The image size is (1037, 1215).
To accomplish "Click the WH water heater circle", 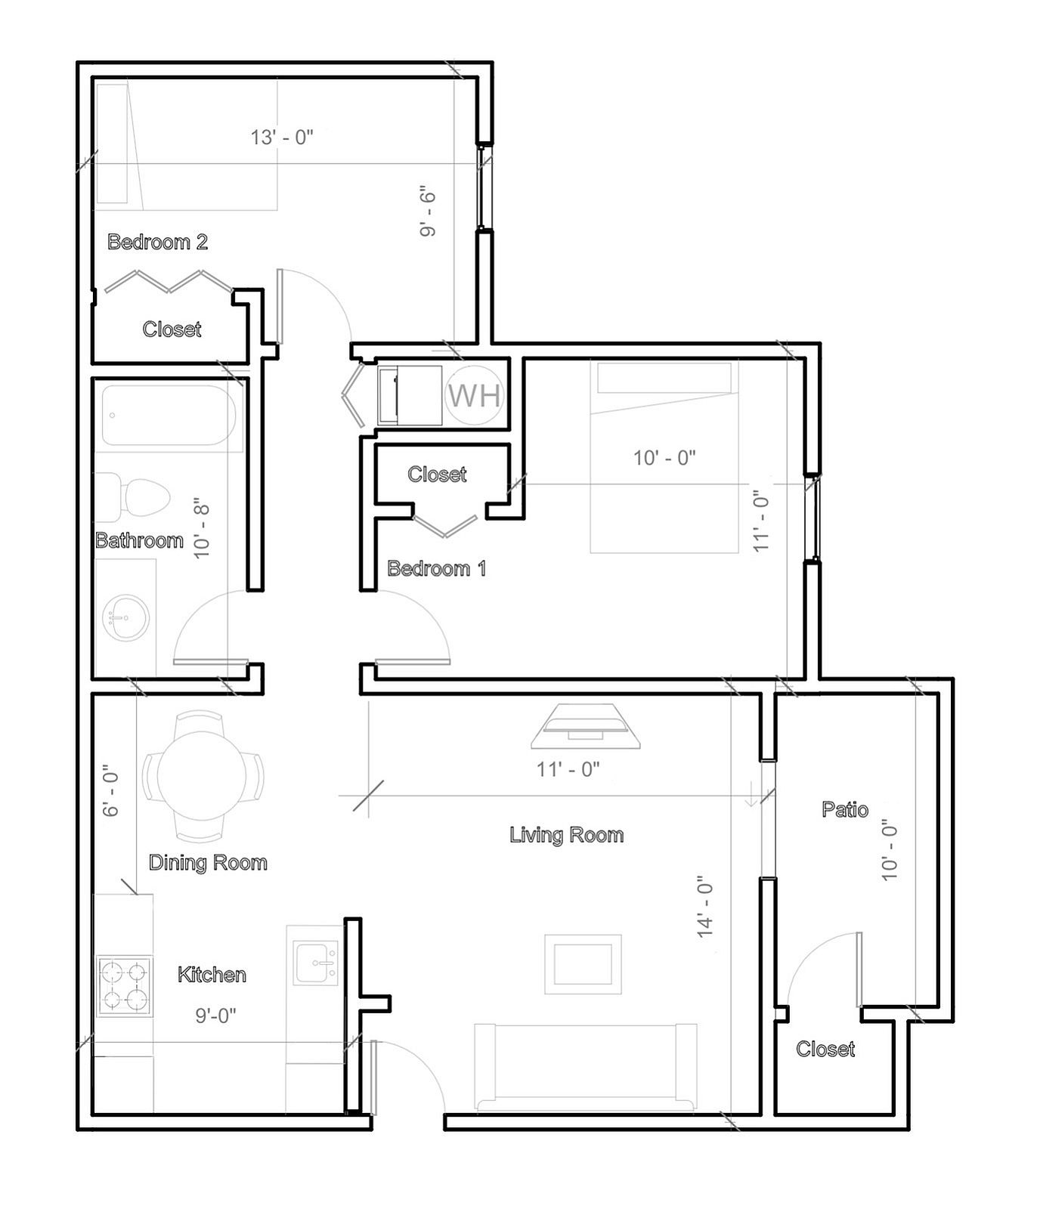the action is [x=475, y=394].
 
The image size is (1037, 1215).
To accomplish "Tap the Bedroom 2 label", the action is [x=157, y=243].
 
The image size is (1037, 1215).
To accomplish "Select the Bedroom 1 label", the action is [x=437, y=569].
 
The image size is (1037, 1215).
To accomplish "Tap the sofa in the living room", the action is [x=585, y=1067].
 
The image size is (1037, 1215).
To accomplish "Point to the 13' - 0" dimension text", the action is [x=282, y=138].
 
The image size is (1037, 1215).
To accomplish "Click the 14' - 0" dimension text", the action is [x=705, y=907].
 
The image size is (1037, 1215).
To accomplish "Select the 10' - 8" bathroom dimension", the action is [x=201, y=527].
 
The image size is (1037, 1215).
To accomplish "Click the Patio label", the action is [x=845, y=809].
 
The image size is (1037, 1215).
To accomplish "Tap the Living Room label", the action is [x=567, y=835].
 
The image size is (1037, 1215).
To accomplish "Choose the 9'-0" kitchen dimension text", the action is [x=216, y=1016].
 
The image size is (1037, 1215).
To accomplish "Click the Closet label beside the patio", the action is [x=825, y=1049].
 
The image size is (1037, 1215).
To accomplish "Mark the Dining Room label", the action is [x=208, y=863].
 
